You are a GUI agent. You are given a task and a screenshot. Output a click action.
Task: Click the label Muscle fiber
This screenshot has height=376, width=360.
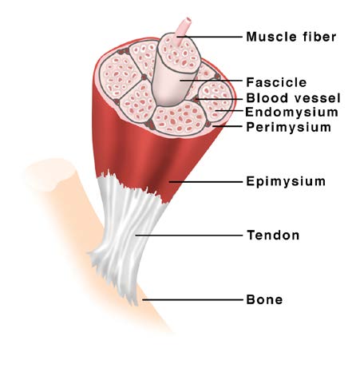click(x=291, y=37)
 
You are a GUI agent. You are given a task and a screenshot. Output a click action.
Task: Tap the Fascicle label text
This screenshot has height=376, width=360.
click(x=276, y=82)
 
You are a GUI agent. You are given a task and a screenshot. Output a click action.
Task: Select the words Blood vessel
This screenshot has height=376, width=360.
click(x=293, y=98)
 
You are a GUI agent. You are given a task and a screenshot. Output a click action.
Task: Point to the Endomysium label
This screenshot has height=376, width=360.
click(x=291, y=112)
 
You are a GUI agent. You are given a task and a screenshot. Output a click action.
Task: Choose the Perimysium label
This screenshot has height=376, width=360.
click(x=289, y=127)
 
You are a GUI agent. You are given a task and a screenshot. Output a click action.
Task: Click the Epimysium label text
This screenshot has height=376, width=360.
click(x=286, y=181)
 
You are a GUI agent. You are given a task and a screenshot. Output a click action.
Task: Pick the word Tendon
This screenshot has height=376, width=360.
click(x=273, y=235)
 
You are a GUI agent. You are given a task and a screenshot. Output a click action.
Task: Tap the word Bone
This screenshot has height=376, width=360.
click(x=264, y=299)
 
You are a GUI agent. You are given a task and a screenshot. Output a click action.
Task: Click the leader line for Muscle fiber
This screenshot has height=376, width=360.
click(x=209, y=37)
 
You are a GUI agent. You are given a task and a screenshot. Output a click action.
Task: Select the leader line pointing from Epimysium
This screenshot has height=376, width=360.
click(x=206, y=182)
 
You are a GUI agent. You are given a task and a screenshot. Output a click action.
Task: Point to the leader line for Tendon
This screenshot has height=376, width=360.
click(x=189, y=235)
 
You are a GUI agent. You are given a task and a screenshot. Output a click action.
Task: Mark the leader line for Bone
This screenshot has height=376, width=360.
click(x=192, y=300)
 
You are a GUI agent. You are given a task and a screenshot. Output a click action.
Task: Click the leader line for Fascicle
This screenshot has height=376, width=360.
click(x=212, y=80)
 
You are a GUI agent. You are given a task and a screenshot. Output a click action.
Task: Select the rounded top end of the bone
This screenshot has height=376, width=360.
click(x=50, y=174)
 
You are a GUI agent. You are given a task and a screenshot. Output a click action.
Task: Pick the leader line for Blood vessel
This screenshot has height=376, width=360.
click(x=219, y=99)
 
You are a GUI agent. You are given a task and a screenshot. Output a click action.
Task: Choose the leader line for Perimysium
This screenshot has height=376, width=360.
click(x=227, y=126)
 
